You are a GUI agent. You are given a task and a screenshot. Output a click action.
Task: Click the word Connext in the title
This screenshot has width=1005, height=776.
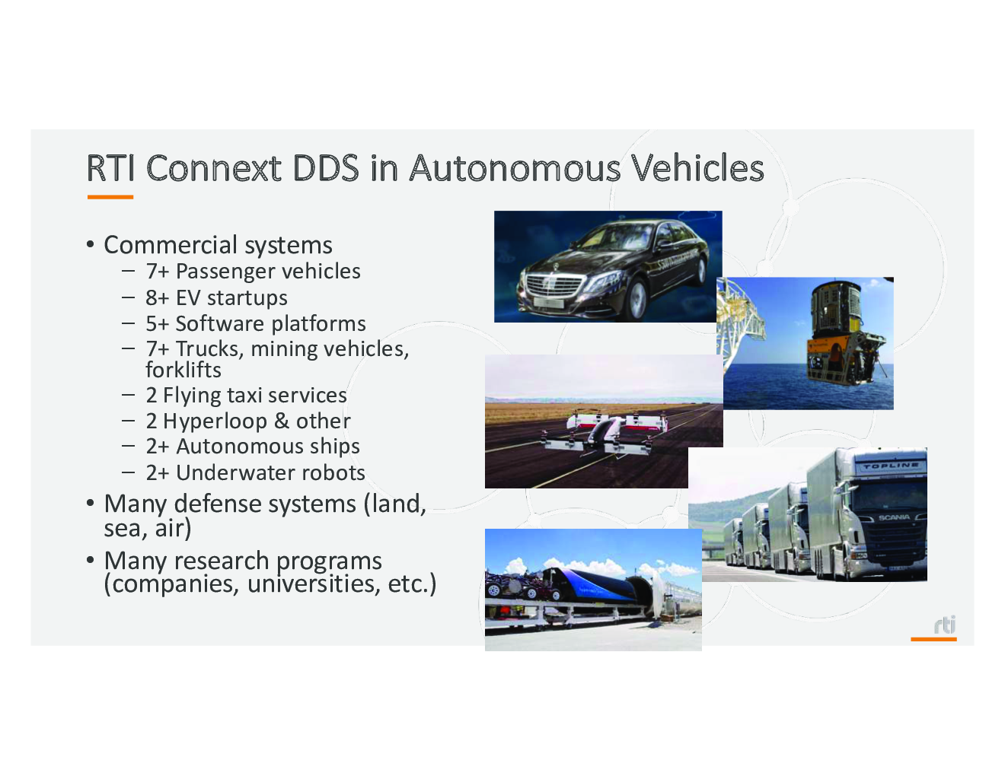tap(213, 168)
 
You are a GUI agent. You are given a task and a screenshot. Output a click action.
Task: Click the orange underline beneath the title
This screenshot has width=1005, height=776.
tap(110, 197)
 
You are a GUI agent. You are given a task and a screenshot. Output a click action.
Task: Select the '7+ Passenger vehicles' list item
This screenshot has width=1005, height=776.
tap(253, 271)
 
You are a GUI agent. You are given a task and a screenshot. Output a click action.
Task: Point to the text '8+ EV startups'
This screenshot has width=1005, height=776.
tap(216, 297)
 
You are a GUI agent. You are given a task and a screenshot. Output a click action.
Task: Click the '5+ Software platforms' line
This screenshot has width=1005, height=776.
tap(255, 323)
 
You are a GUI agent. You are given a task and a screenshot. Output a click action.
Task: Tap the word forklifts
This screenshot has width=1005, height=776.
tap(183, 370)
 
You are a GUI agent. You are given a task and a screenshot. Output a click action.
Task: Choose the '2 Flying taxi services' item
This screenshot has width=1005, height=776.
tap(246, 395)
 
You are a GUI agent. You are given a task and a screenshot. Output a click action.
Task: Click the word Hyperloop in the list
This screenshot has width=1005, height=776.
tap(215, 421)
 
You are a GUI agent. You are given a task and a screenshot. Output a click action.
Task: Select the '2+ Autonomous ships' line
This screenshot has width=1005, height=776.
tap(253, 447)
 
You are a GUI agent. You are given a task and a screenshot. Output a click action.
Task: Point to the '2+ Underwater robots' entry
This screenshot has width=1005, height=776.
tap(255, 472)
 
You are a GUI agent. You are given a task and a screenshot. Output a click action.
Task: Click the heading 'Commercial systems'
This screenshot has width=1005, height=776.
tap(218, 245)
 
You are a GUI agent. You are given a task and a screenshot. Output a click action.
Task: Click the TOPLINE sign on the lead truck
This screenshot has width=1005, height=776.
tap(890, 466)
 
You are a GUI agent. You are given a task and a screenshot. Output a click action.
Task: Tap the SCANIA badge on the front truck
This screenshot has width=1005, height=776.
tap(894, 517)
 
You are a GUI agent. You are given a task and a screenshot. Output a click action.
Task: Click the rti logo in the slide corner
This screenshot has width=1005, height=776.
tap(944, 625)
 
